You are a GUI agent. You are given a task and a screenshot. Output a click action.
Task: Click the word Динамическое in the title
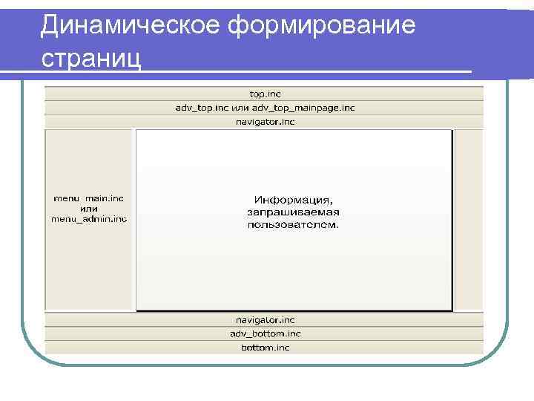point(130,25)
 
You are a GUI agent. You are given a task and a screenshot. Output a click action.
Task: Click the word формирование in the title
point(323,25)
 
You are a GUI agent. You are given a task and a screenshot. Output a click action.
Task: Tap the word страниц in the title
point(90,56)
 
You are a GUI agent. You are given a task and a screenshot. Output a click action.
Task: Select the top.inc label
point(265,94)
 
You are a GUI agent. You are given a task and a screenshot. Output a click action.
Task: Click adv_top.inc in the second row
point(202,108)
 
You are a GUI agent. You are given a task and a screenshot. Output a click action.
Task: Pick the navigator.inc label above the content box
point(265,122)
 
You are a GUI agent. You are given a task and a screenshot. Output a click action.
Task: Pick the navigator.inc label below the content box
point(265,320)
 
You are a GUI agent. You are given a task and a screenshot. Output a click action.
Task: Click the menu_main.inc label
point(88,198)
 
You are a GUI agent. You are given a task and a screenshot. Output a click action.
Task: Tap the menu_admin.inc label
point(88,218)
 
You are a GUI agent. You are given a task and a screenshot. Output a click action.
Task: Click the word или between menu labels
point(88,209)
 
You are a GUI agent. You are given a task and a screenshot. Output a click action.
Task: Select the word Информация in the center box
point(294,200)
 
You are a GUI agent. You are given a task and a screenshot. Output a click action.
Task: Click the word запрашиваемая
point(294,212)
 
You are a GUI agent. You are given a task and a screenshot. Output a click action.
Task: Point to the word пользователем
point(294,224)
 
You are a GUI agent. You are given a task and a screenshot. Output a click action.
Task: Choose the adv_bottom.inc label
point(265,334)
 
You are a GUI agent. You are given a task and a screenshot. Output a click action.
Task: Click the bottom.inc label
point(265,348)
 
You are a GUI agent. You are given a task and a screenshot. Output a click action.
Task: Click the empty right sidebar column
point(469,220)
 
